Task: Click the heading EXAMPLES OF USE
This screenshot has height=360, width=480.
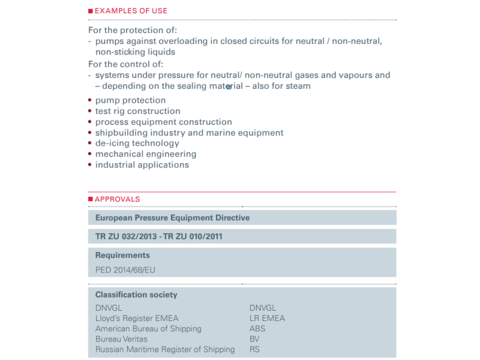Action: (x=131, y=11)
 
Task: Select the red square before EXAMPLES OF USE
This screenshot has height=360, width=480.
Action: (x=91, y=11)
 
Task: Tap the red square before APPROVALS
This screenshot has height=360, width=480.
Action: (x=91, y=199)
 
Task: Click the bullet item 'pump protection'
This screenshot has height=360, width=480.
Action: (x=130, y=100)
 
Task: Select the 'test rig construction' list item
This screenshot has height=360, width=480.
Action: (x=137, y=111)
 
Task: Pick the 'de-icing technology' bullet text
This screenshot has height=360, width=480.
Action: (x=137, y=143)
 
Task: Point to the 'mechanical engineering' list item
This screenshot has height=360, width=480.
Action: (x=145, y=154)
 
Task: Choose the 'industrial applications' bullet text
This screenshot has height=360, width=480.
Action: (x=142, y=165)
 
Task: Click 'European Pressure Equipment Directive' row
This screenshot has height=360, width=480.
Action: (x=172, y=218)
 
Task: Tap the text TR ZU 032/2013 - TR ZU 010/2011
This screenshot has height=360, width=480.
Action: (x=158, y=236)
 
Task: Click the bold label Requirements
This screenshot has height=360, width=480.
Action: (x=122, y=256)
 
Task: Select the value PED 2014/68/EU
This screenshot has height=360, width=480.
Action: (x=125, y=270)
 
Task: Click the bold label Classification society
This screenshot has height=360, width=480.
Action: (x=136, y=295)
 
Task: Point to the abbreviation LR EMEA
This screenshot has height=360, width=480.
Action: (x=267, y=319)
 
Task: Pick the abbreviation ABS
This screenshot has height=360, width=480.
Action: (x=257, y=329)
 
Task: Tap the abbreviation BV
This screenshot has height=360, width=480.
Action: (x=255, y=339)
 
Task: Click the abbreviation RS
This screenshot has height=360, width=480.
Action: (x=255, y=349)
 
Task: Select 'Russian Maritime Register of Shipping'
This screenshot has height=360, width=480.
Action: (x=165, y=349)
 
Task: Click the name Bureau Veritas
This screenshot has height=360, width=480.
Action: (x=121, y=339)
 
